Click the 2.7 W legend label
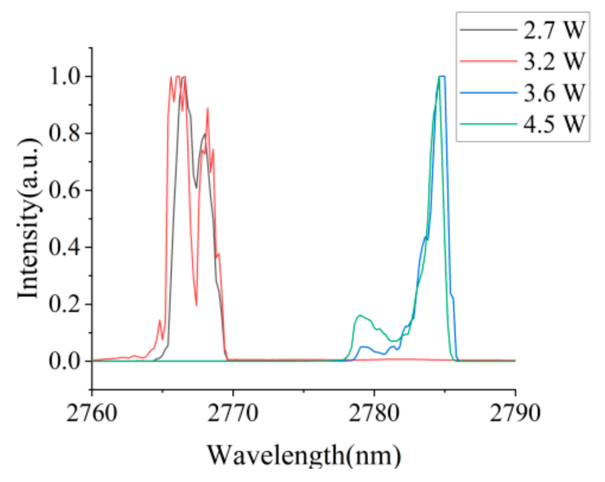(x=554, y=30)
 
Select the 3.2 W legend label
(x=554, y=61)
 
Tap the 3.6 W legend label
(x=554, y=93)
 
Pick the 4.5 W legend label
(x=554, y=124)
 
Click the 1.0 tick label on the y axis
(x=65, y=77)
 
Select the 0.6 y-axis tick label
(x=65, y=190)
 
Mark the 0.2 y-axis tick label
(x=65, y=304)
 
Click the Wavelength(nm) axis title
(x=304, y=455)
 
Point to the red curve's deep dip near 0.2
(x=196, y=304)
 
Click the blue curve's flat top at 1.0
(x=442, y=77)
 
